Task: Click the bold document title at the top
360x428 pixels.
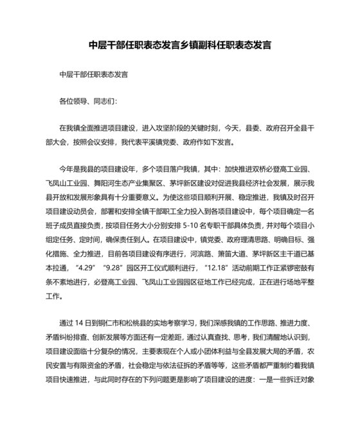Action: [x=179, y=46]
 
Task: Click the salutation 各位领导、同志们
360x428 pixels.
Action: [x=88, y=101]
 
